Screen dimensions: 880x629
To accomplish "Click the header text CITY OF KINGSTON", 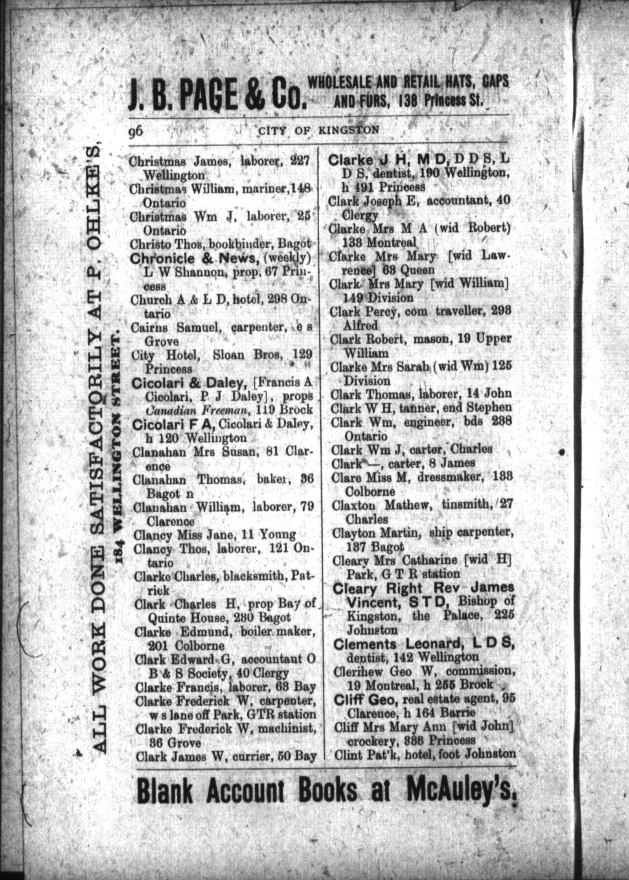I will [318, 130].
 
